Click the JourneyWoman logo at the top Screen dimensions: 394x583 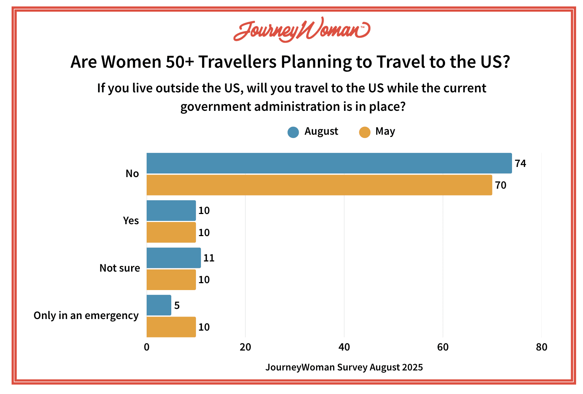click(x=302, y=30)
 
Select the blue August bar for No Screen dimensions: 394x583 click(x=329, y=163)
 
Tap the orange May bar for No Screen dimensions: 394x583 click(x=319, y=185)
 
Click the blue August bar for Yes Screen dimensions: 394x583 click(x=171, y=211)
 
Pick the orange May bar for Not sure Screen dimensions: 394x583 click(x=171, y=280)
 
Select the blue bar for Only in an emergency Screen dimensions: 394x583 click(x=159, y=305)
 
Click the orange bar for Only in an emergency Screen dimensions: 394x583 click(x=171, y=327)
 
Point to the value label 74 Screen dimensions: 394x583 click(x=520, y=164)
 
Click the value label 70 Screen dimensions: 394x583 click(x=500, y=185)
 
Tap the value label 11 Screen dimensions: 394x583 click(x=209, y=258)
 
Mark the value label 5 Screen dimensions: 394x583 click(x=177, y=306)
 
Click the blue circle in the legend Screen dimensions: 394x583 click(x=293, y=132)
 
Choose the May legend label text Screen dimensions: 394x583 click(x=385, y=131)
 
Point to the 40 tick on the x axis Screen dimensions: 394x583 click(x=344, y=347)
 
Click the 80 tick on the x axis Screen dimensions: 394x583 click(x=541, y=347)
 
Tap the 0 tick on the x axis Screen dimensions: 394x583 click(x=147, y=347)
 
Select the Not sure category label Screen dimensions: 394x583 click(x=119, y=268)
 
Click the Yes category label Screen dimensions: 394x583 click(x=131, y=221)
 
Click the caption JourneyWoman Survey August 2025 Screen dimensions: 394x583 click(x=344, y=367)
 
